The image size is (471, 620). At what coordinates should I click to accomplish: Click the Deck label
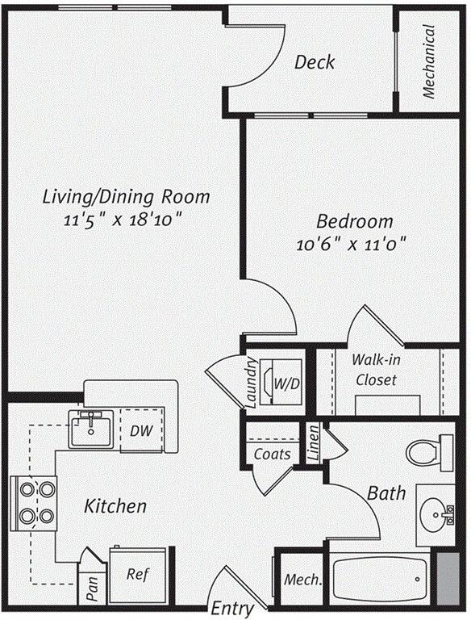pos(315,62)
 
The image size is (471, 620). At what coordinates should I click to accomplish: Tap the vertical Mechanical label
pos(429,61)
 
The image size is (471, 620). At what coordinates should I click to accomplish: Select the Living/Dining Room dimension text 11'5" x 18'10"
pos(124,220)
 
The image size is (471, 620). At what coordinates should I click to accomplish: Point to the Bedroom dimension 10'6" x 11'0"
pos(352,244)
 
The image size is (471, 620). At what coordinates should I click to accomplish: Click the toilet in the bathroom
pos(430,453)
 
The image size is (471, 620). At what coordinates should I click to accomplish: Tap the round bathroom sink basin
pos(434,515)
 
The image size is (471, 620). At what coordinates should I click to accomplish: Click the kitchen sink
pos(91,429)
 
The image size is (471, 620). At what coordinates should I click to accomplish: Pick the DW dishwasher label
pos(141,430)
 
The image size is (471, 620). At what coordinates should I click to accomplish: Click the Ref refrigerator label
pos(138,573)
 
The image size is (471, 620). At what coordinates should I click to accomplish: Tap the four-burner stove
pos(34,503)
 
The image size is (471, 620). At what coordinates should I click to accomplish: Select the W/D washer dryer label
pos(287,383)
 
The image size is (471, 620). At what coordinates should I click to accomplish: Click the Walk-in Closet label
pos(376,370)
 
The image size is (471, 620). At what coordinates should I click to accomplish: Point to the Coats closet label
pos(273,454)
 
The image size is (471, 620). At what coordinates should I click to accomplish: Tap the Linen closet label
pos(314,443)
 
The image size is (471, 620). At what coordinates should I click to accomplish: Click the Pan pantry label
pos(92,589)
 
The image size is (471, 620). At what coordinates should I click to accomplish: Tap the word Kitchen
pos(115,505)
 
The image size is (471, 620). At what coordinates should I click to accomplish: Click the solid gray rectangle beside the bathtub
pos(448,579)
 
